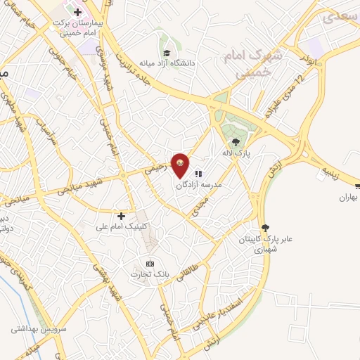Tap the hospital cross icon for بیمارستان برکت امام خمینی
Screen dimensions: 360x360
point(77,13)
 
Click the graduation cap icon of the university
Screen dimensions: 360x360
point(167,53)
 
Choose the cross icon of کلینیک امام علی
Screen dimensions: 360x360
point(121,215)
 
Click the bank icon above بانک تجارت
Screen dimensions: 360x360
point(149,262)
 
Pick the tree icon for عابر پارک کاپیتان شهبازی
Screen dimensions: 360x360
point(265,227)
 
